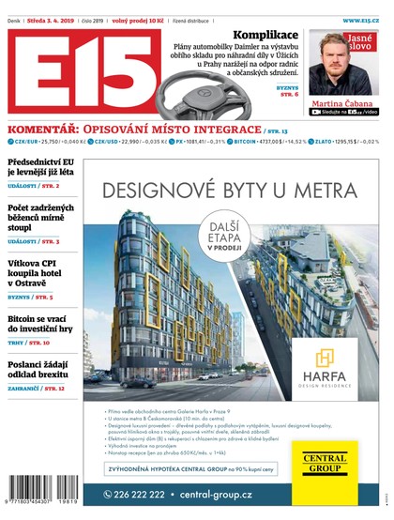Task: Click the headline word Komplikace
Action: tap(265, 35)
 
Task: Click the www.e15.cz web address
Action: tap(360, 19)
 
